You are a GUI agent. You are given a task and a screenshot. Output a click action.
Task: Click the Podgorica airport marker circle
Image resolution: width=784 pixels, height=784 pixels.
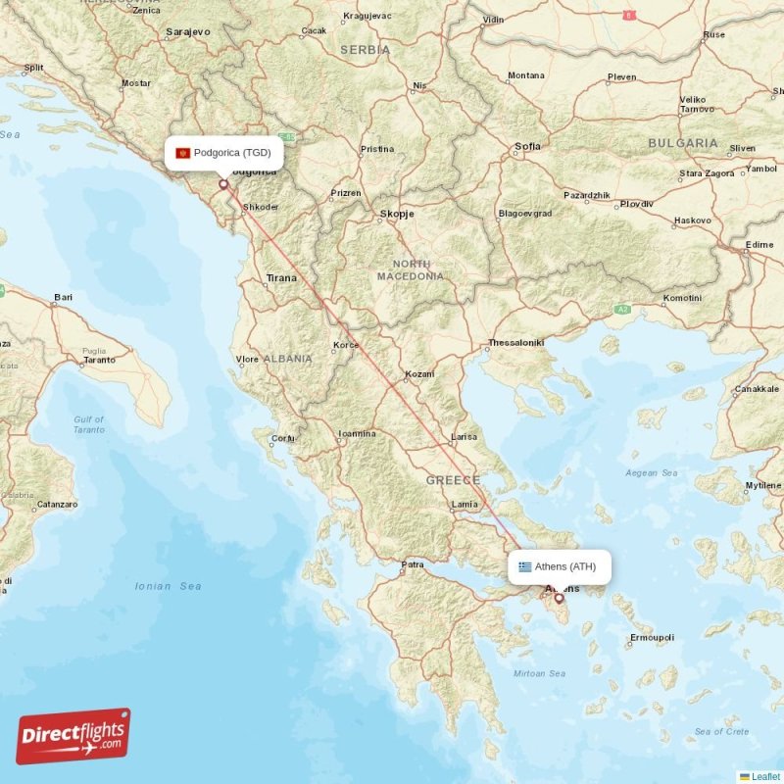[223, 183]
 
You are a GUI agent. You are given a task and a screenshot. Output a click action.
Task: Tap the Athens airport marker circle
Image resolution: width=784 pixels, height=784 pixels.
[559, 597]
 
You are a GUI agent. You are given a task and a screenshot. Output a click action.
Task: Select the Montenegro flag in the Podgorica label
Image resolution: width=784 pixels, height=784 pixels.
[182, 153]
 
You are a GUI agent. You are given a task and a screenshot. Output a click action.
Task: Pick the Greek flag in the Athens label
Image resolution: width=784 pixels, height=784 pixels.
[525, 566]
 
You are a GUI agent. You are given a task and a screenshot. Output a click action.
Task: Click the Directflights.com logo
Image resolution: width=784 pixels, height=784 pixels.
[73, 736]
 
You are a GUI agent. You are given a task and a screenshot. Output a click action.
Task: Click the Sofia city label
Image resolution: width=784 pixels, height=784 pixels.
[527, 147]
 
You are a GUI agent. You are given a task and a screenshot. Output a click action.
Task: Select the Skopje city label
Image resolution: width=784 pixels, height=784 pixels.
[397, 213]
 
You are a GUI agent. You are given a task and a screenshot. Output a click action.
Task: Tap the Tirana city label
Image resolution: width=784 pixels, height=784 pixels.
[281, 278]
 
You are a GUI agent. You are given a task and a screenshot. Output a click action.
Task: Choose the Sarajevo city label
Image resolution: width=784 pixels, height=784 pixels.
[188, 31]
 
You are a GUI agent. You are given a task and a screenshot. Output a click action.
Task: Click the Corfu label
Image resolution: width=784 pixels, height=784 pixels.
[283, 438]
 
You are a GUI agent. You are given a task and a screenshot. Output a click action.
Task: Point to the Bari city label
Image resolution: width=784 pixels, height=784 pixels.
[64, 296]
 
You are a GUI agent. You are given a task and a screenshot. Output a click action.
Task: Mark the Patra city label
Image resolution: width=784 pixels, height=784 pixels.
[412, 564]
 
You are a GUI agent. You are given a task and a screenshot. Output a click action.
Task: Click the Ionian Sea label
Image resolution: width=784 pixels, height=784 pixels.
[169, 586]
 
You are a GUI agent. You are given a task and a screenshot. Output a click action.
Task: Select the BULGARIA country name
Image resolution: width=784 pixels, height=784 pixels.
[683, 143]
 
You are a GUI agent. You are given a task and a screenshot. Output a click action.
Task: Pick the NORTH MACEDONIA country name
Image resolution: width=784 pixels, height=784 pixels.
[411, 269]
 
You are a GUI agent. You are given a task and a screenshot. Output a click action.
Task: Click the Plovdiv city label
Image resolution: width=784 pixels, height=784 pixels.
[636, 204]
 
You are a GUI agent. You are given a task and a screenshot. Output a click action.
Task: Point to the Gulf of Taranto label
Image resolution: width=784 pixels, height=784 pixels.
[88, 424]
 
